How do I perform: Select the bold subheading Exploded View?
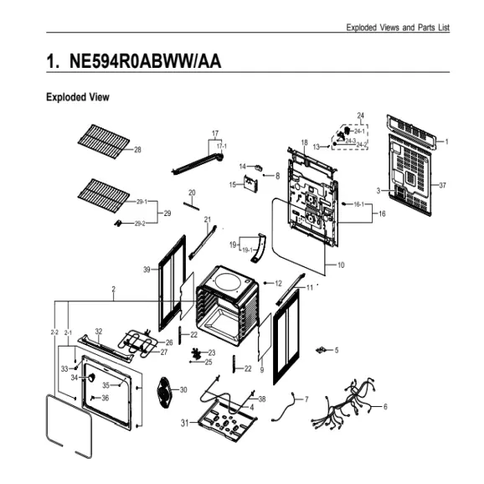77,98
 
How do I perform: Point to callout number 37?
442,185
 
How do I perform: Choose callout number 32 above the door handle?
99,332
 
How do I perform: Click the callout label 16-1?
358,204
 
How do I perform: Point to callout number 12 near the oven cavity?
278,284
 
